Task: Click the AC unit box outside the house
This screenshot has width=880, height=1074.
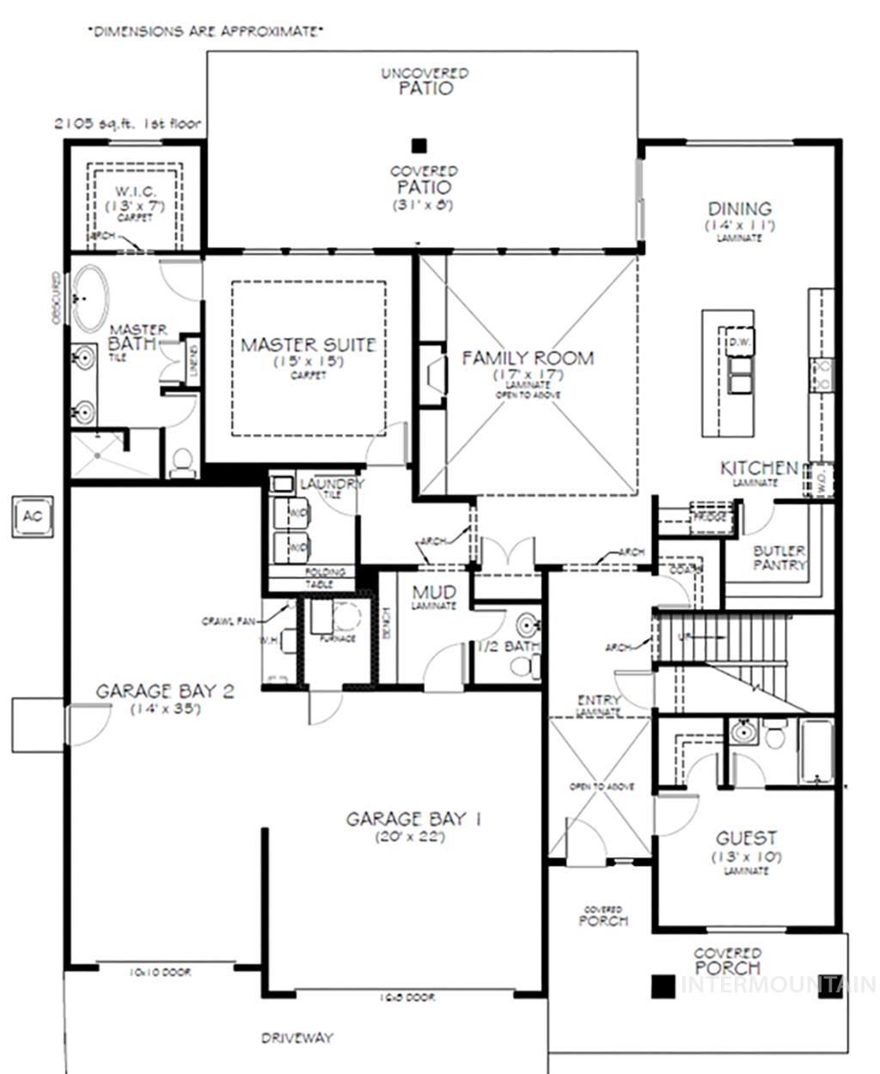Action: [32, 516]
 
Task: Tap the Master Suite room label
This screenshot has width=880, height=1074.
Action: [308, 345]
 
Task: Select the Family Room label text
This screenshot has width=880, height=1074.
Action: [528, 357]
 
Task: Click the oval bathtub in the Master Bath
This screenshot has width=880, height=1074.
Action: [89, 298]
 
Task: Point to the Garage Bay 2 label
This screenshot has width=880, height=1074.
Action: [165, 691]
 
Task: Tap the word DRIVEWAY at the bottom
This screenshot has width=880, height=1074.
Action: [296, 1038]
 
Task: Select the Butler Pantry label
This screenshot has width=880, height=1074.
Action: [779, 558]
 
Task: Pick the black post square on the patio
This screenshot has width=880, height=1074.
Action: [419, 145]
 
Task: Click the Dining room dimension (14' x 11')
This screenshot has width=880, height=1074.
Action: [739, 225]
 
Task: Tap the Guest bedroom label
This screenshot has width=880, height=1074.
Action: [746, 837]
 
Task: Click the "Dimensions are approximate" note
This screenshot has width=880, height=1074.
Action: [205, 32]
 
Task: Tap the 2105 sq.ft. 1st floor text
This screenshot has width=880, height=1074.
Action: [126, 124]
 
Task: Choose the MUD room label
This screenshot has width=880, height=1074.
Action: [434, 593]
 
